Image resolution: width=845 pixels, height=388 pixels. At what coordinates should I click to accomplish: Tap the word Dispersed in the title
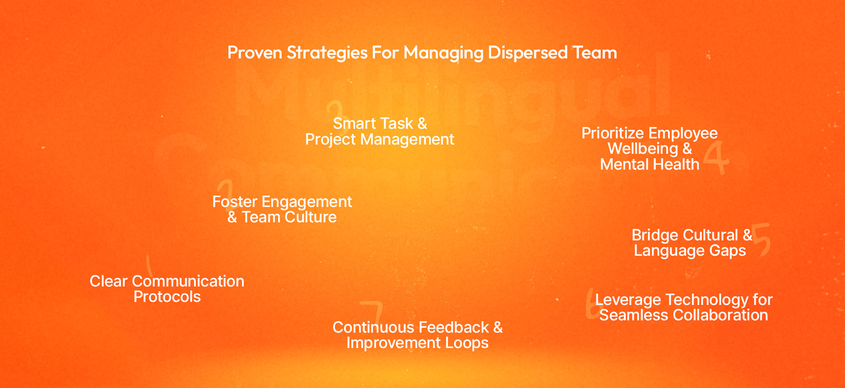click(x=528, y=53)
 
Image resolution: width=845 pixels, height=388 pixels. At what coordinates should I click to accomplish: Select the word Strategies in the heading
click(x=327, y=53)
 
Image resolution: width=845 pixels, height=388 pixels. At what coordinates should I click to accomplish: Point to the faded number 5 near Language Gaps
click(x=762, y=239)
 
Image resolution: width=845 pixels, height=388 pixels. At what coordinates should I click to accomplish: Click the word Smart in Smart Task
click(x=351, y=123)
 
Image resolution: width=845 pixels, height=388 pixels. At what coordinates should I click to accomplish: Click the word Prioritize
click(x=613, y=133)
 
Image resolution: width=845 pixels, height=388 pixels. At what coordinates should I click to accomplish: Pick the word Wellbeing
click(x=643, y=149)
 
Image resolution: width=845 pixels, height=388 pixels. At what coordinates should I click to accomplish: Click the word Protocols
click(x=167, y=297)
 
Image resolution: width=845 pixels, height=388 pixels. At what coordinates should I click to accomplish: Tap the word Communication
click(x=188, y=281)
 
